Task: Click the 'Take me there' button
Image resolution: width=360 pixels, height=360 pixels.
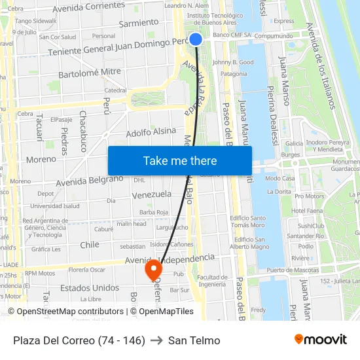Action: [x=180, y=161]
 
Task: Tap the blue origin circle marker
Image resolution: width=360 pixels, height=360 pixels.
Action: [x=195, y=39]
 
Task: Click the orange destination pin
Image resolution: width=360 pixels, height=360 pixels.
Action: [x=153, y=270]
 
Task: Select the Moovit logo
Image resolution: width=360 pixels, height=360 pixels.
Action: [x=321, y=340]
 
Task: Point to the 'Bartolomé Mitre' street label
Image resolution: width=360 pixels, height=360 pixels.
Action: [x=90, y=73]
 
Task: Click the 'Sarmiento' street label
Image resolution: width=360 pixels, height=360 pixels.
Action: [x=139, y=24]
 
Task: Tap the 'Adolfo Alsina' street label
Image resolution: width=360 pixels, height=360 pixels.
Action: [x=151, y=132]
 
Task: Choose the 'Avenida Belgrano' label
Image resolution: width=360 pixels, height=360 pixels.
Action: [x=90, y=180]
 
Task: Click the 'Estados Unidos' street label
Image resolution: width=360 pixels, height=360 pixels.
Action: [x=90, y=287]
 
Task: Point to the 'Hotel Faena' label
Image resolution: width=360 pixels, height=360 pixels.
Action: [x=307, y=211]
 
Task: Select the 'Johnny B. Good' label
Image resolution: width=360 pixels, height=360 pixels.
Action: [x=233, y=62]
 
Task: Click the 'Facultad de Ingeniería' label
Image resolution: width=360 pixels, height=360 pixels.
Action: [x=212, y=280]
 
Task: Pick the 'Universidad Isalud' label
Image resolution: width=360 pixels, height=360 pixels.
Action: [x=55, y=206]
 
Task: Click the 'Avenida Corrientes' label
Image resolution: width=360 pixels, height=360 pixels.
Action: [x=88, y=7]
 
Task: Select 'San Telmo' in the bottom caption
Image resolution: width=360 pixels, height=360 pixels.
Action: [x=194, y=340]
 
